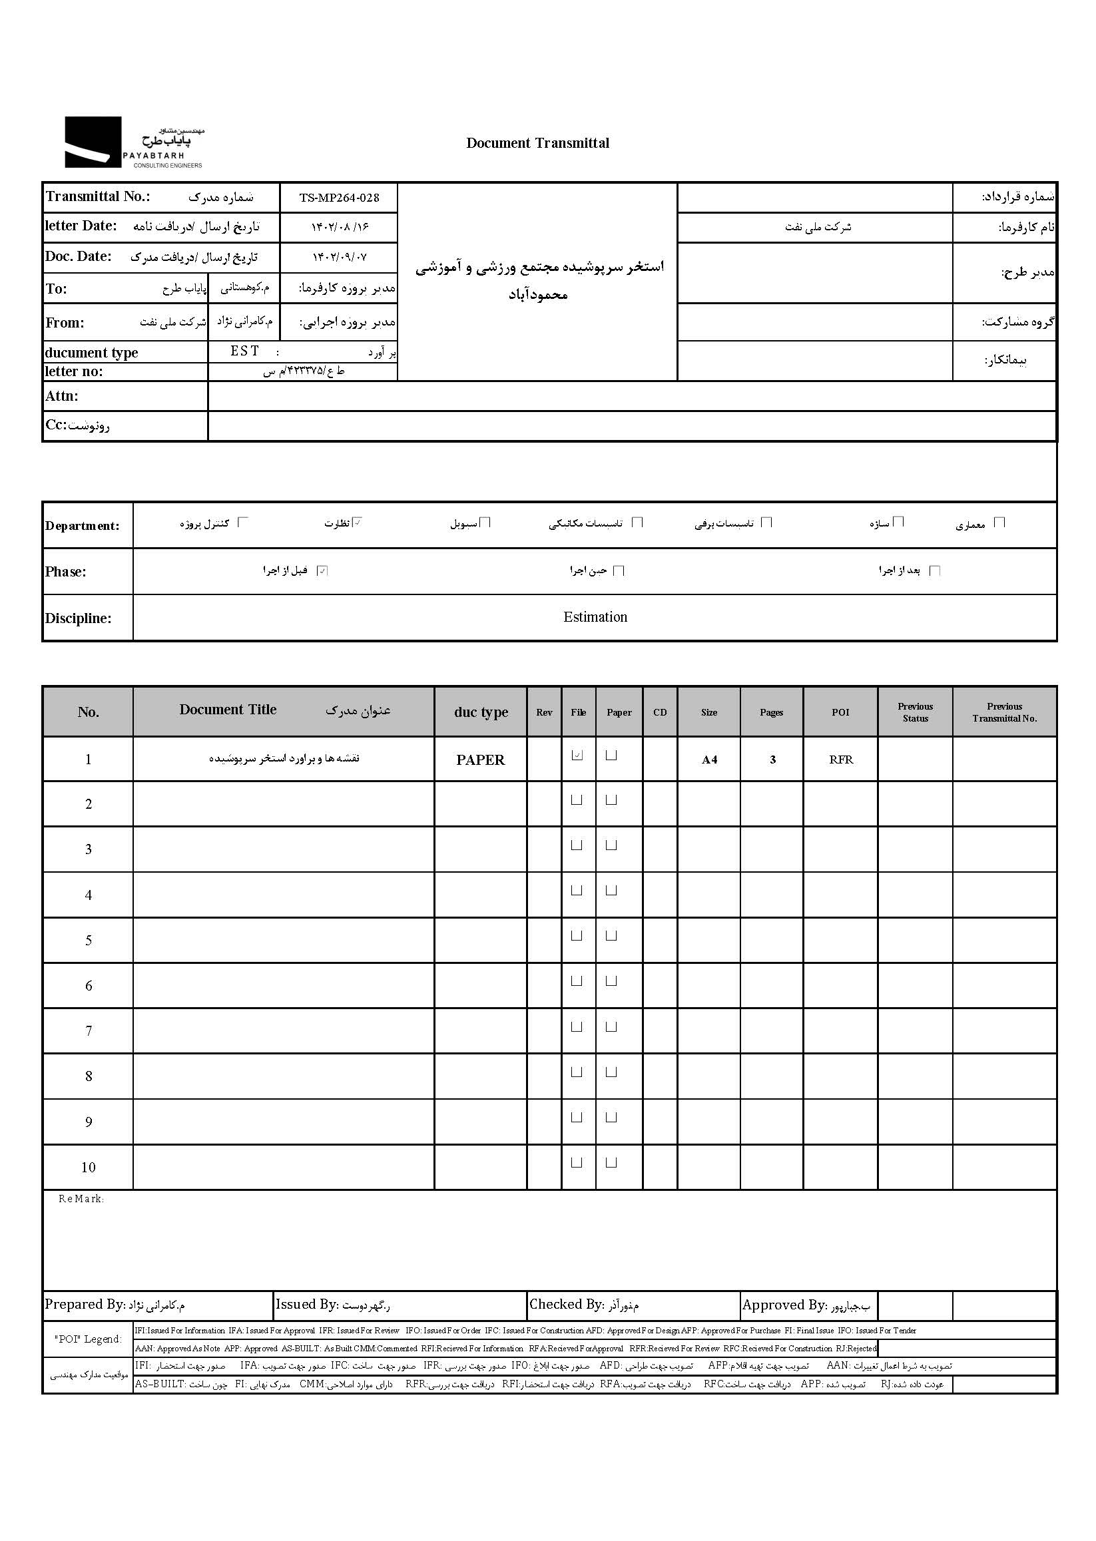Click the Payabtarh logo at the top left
coord(133,142)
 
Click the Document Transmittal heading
coord(537,143)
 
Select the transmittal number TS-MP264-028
coord(339,198)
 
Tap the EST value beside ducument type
coord(244,351)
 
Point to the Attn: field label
coord(62,396)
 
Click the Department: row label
coord(83,526)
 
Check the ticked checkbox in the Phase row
coord(322,570)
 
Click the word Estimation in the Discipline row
coord(595,616)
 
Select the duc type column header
coord(481,712)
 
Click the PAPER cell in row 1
coord(481,760)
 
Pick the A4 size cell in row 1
coord(708,760)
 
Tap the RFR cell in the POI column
coord(841,760)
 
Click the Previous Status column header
coord(915,712)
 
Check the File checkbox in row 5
coord(577,936)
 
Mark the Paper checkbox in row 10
coord(611,1162)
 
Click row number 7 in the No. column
coord(89,1030)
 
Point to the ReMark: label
coord(81,1199)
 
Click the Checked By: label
coord(566,1304)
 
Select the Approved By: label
coord(783,1305)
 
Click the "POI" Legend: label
coord(89,1339)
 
